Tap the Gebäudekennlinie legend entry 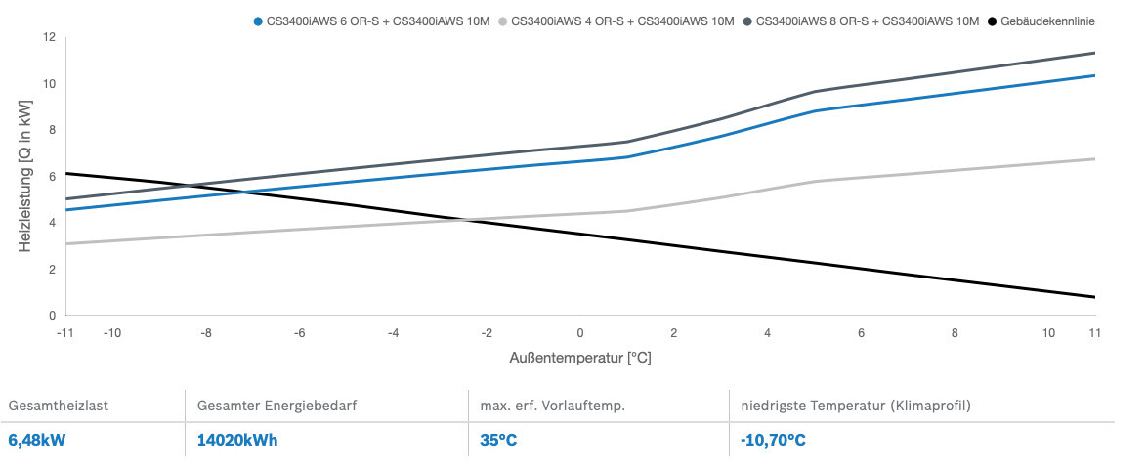tap(1045, 21)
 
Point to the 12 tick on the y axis tap(49, 37)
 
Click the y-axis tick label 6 tap(52, 177)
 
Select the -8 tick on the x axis tap(206, 333)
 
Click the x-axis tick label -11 tap(65, 333)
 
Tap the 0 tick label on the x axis tap(580, 333)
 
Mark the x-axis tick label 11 tap(1095, 333)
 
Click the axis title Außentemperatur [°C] tap(580, 358)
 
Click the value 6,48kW tap(36, 440)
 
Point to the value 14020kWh tap(237, 440)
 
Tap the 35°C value tap(497, 440)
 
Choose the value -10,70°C tap(773, 440)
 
